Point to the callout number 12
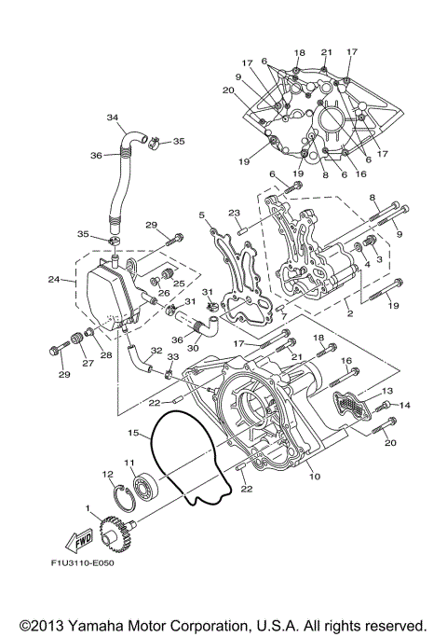[108, 475]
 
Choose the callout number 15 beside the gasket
[133, 433]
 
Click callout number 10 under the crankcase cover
[314, 476]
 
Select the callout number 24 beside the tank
[55, 279]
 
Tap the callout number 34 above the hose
[113, 118]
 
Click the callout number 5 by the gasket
[201, 215]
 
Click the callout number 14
[405, 405]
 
